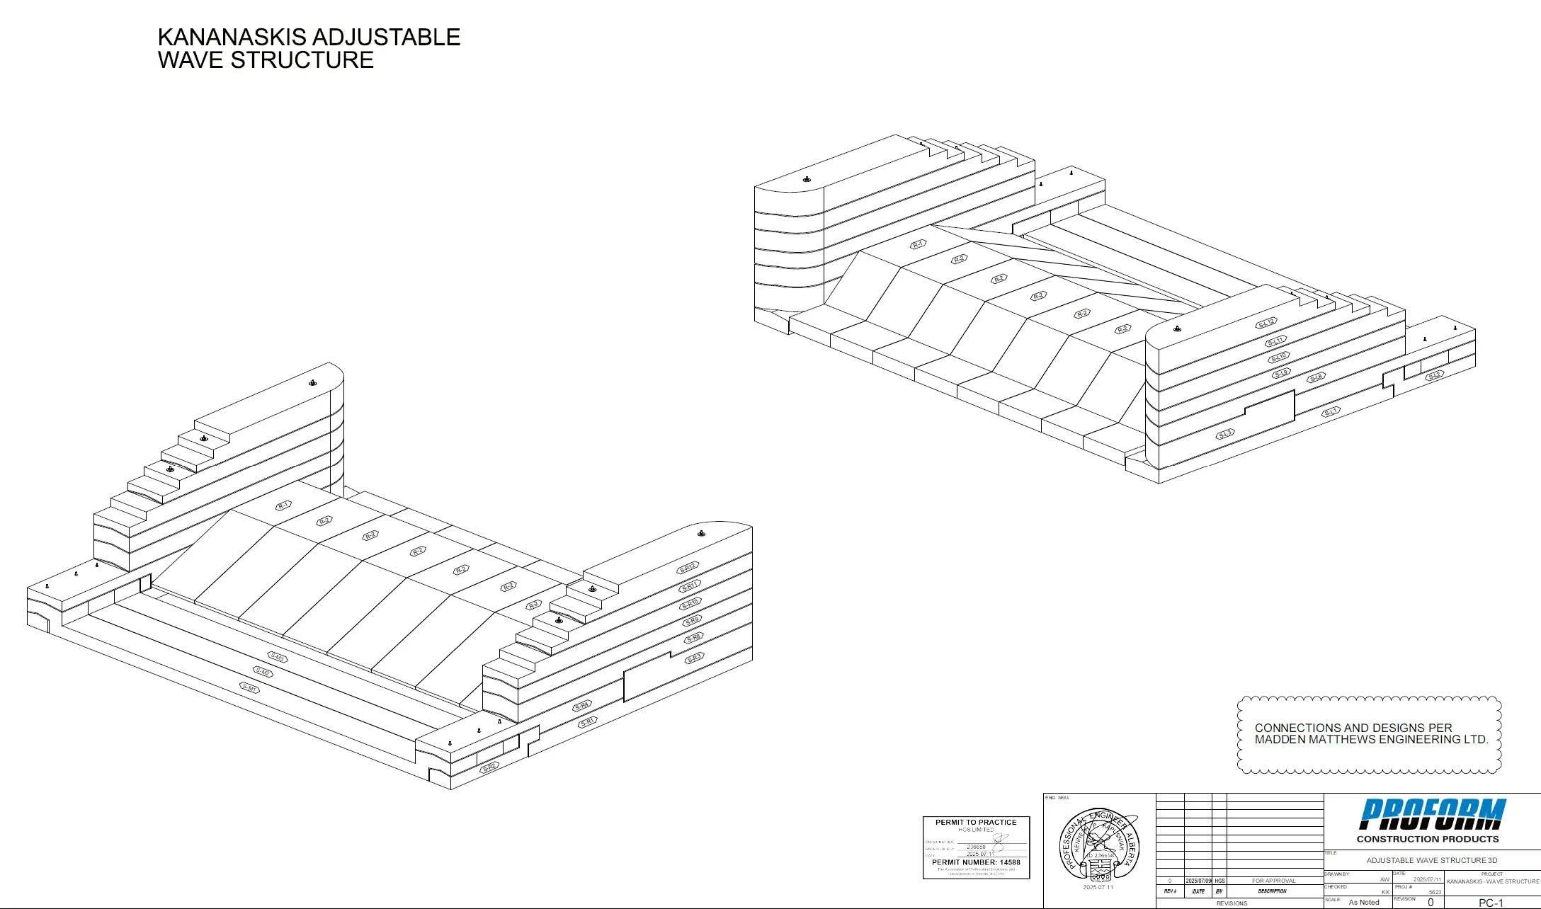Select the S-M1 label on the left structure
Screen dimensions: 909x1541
(249, 687)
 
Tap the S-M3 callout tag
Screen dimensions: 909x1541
(277, 658)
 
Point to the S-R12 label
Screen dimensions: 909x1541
(688, 568)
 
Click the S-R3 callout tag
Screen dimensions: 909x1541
(694, 658)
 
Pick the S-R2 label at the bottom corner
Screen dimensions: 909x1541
(490, 767)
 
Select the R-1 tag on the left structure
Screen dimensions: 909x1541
(284, 505)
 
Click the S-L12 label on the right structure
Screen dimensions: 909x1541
(1266, 324)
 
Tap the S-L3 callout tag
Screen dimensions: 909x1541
(1225, 434)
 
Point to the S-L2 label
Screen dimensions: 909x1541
(1434, 375)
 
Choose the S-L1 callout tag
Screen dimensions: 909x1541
(1331, 411)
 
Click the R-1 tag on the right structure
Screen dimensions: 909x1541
(918, 244)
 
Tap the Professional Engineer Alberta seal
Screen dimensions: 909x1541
(1098, 842)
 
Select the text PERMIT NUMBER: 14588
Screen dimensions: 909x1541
(976, 862)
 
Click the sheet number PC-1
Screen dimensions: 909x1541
(1491, 903)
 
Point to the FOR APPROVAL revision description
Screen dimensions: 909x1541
(1273, 881)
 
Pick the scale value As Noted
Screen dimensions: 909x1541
(1364, 902)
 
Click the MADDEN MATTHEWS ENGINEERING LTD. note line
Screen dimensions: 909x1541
(1371, 740)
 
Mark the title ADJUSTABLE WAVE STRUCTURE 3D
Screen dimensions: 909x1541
(1432, 861)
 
